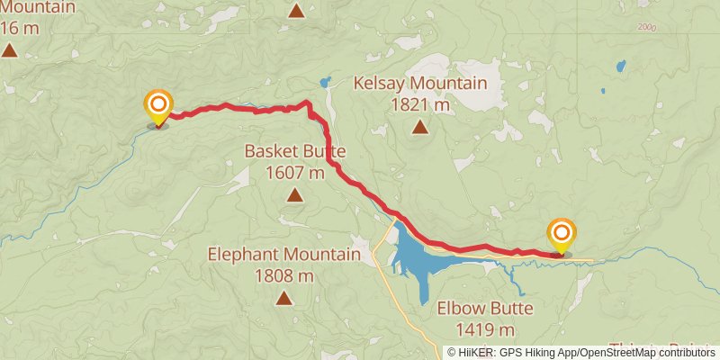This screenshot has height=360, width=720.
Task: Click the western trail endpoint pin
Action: [158, 106]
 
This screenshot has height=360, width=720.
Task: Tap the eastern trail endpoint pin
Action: [562, 235]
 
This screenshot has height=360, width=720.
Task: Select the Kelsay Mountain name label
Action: [420, 85]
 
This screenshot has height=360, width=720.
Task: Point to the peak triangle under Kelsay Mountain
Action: [420, 128]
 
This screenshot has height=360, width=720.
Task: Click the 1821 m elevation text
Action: [420, 105]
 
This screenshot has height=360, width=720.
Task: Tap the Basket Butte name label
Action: [295, 151]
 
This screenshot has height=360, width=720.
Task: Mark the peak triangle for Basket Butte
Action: [294, 195]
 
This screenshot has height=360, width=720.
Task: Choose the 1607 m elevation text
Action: [295, 173]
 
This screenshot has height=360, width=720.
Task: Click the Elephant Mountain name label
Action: [283, 255]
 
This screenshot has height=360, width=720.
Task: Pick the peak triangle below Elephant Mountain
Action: [283, 298]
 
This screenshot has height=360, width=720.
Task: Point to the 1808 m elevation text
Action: [283, 275]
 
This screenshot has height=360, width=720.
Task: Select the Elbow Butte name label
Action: [485, 309]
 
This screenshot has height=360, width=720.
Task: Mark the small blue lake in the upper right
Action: [620, 66]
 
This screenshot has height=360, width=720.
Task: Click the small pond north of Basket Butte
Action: [325, 82]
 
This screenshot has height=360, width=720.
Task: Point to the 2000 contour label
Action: [648, 28]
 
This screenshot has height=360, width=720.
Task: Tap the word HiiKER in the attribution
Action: [473, 352]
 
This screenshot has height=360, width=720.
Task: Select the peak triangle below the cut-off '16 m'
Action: [9, 49]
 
